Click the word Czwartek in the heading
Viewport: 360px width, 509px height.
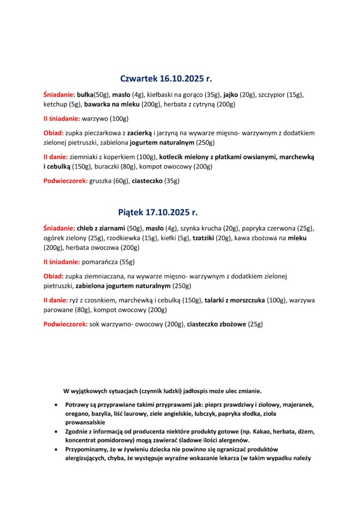(x=139, y=79)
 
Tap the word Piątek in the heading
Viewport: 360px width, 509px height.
(x=130, y=212)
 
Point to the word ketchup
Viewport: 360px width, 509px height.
(x=54, y=104)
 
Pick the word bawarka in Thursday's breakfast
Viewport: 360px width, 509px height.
(x=98, y=104)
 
